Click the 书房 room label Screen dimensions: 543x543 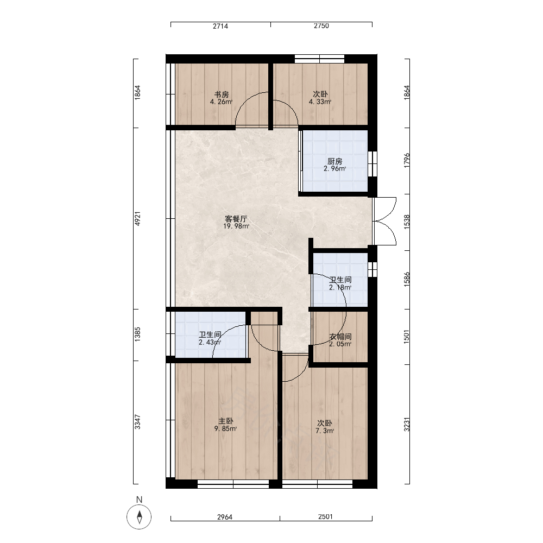222,94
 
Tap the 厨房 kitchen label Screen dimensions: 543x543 335,161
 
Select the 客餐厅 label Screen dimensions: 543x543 236,219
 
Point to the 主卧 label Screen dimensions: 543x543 226,421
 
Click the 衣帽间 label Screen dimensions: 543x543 340,337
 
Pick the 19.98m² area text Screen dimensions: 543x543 236,226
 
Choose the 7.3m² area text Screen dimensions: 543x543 325,431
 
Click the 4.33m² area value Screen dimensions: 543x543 320,102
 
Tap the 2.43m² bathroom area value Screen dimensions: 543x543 210,343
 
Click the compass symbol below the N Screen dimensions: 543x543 139,517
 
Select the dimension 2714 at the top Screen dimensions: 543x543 220,26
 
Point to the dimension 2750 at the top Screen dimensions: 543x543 321,26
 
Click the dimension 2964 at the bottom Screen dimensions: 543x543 225,517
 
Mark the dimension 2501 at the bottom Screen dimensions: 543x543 325,517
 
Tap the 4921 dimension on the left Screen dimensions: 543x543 138,219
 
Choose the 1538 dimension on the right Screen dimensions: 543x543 407,222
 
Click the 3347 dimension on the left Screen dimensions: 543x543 138,422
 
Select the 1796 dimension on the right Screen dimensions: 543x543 407,160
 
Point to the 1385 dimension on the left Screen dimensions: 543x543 138,334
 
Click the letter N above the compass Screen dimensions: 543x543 139,500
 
